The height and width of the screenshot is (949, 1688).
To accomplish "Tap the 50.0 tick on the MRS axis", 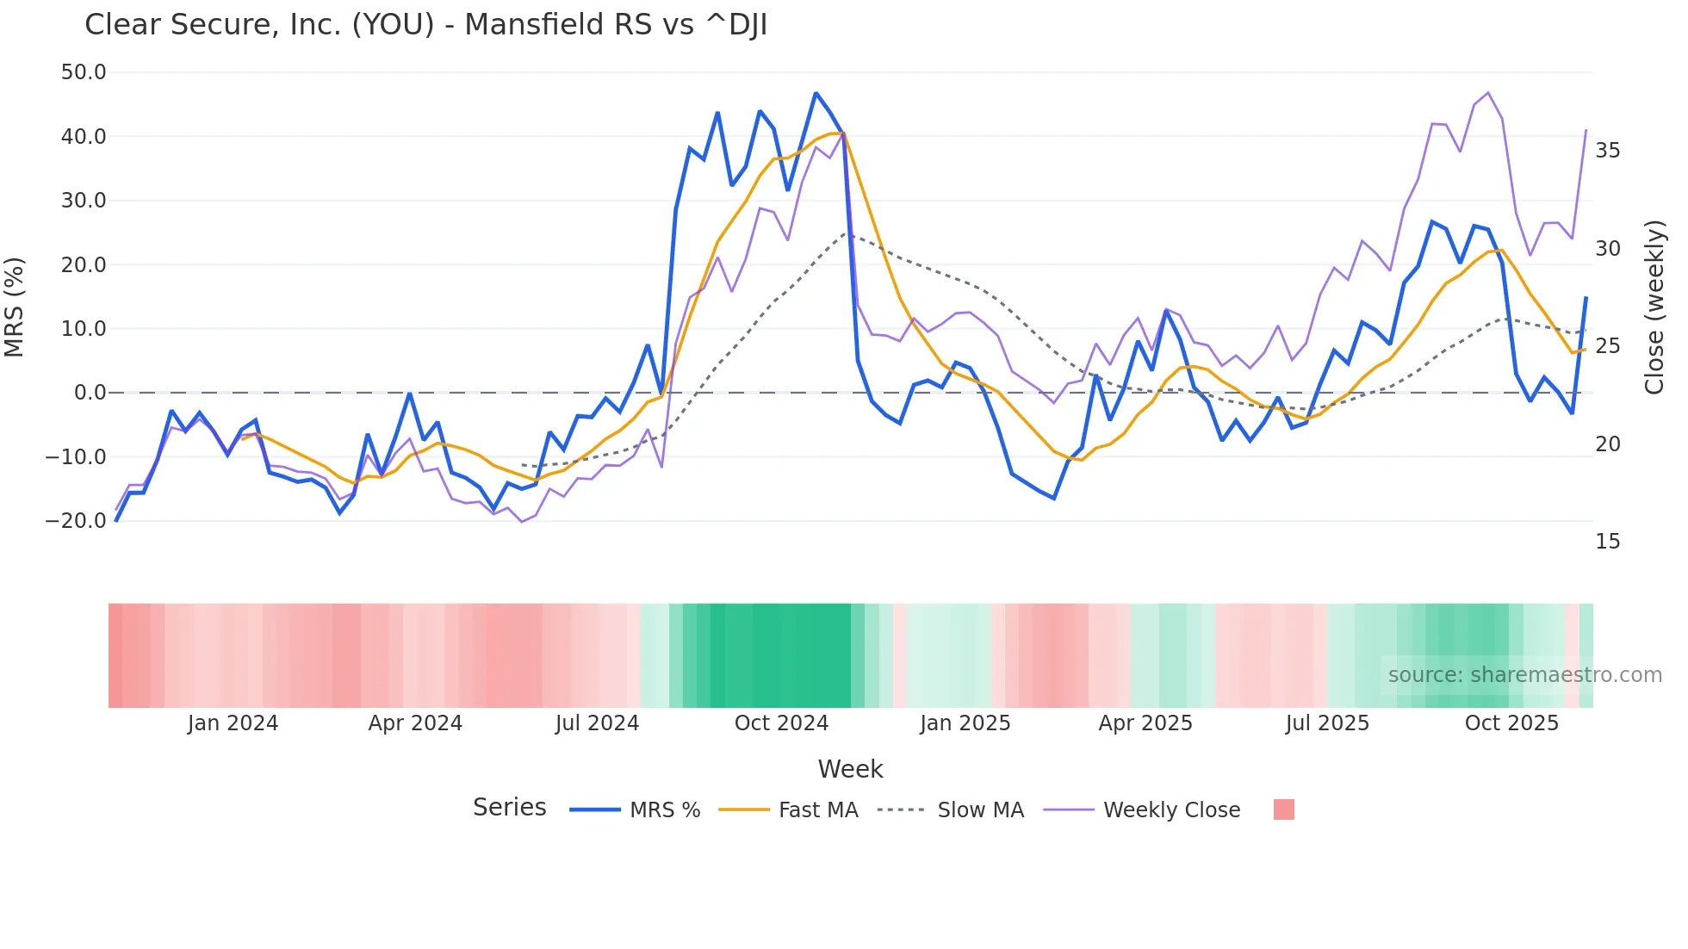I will [84, 72].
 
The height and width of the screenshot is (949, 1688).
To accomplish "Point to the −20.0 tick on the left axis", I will [76, 521].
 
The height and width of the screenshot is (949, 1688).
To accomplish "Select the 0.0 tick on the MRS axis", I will [90, 393].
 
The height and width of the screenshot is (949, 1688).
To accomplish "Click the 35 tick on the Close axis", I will [1607, 151].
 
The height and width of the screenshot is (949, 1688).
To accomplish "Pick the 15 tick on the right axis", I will [1607, 542].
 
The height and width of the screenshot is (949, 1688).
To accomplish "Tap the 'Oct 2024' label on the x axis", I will [781, 723].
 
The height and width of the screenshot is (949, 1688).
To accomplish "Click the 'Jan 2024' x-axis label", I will [233, 723].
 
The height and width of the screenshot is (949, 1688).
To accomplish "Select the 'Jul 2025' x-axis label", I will [1327, 723].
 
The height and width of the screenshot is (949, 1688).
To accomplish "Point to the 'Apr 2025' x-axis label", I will [1145, 723].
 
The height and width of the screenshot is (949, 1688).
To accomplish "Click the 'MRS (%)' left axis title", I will [15, 307].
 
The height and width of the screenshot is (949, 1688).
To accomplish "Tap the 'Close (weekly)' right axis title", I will [1654, 307].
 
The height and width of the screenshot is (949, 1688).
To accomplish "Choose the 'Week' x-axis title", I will [850, 769].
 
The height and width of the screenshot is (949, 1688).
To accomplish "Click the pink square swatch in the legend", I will [1283, 809].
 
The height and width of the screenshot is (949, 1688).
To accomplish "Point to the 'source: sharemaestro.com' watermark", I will [1524, 675].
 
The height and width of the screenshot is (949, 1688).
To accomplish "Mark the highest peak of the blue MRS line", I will [816, 93].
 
